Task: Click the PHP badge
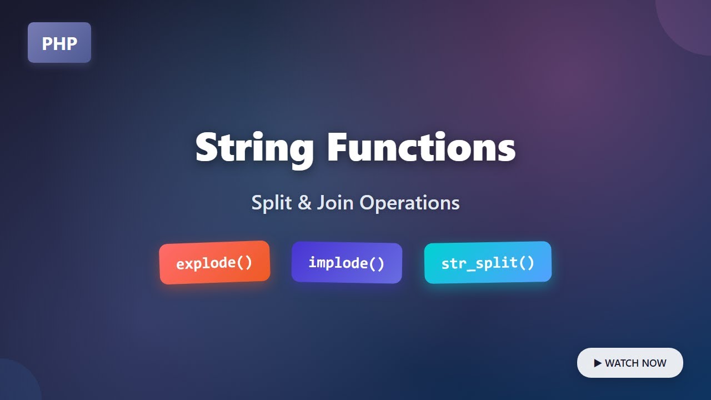pos(59,43)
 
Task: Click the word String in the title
pos(254,148)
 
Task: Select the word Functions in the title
pos(421,147)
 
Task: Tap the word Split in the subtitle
pos(272,203)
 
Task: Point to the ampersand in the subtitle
pos(304,203)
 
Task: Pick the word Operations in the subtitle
pos(409,203)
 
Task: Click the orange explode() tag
pos(214,263)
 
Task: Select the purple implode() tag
pos(347,263)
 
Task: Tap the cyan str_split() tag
pos(488,263)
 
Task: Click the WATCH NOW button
pos(630,363)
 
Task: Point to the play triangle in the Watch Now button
pos(598,363)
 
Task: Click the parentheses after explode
pos(244,262)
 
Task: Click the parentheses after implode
pos(377,263)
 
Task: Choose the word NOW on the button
pos(654,363)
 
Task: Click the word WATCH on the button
pos(622,363)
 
